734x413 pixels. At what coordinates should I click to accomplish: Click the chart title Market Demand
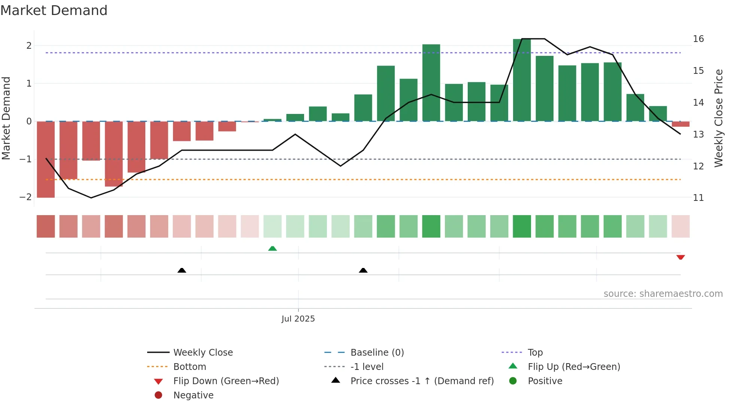coord(54,10)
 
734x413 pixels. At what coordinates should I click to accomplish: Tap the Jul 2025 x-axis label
coord(298,319)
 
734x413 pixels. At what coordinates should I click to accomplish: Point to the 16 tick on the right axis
coord(698,39)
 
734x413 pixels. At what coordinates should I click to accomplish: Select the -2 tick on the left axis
coord(25,197)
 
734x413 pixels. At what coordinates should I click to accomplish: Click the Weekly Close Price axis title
coord(718,118)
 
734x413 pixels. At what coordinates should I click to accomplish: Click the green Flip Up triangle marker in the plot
coord(273,248)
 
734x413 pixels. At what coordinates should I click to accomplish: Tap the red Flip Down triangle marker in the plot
coord(680,257)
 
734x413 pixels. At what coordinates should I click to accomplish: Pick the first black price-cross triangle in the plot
coord(182,270)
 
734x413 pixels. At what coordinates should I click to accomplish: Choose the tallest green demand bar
coord(522,80)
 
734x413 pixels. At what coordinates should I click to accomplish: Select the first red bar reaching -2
coord(46,159)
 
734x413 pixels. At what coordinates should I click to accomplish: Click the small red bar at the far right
coord(680,124)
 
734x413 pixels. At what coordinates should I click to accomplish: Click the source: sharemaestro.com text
coord(663,294)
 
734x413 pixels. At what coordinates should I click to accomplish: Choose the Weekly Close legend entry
coord(203,353)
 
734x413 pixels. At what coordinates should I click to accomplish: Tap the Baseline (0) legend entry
coord(377,353)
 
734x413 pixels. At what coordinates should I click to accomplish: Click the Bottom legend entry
coord(189,367)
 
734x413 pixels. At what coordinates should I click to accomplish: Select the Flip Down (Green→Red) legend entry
coord(226,381)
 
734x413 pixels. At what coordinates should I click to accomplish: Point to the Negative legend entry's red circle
coord(158,395)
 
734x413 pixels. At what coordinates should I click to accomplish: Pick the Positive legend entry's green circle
coord(513,381)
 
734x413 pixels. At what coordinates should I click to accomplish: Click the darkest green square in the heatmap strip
coord(522,226)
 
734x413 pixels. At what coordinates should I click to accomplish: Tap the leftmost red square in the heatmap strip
coord(46,226)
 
